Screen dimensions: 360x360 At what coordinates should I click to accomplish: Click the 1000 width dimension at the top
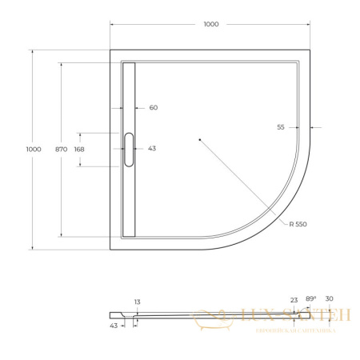(x=210, y=24)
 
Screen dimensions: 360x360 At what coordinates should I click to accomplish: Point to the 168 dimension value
(x=79, y=149)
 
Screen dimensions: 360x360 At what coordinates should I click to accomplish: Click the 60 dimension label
(x=154, y=107)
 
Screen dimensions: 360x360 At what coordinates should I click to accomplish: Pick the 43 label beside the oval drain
(x=152, y=149)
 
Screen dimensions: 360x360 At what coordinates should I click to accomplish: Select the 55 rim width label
(x=281, y=127)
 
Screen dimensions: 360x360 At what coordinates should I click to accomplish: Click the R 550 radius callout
(x=298, y=224)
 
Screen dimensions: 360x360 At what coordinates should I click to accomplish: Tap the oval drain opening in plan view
(x=129, y=149)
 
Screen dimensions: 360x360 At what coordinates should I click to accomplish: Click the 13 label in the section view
(x=138, y=302)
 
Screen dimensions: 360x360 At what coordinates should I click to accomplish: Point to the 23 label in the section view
(x=294, y=300)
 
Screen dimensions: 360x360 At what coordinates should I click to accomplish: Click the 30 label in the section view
(x=329, y=298)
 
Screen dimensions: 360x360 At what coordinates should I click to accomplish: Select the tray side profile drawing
(x=176, y=316)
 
